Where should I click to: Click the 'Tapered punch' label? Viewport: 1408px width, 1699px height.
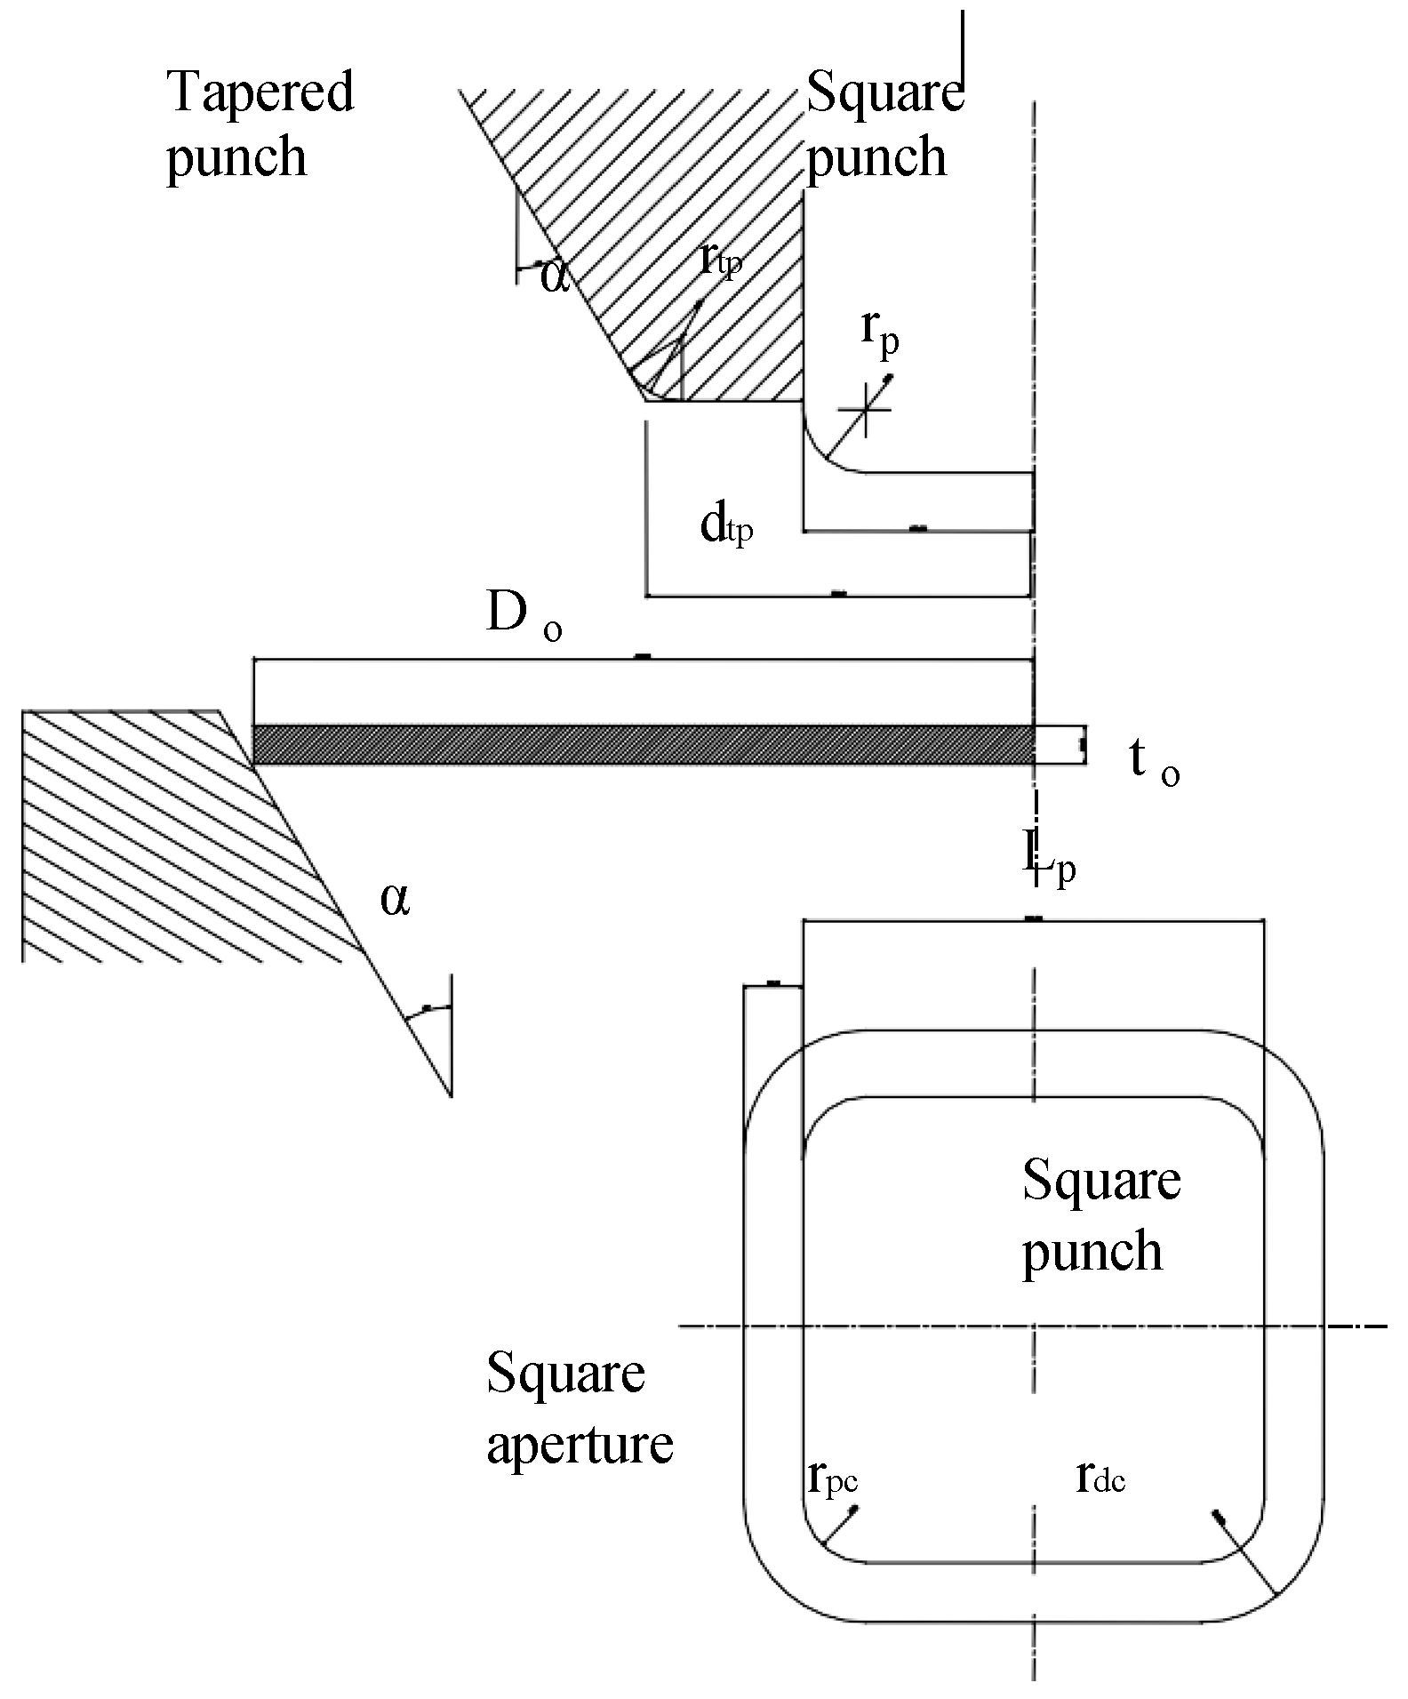(260, 124)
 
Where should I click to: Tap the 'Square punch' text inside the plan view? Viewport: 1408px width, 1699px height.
(1100, 1215)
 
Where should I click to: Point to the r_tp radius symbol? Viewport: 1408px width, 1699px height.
(719, 260)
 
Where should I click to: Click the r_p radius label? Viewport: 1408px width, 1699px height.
(879, 334)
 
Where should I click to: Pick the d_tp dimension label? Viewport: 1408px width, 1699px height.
(726, 527)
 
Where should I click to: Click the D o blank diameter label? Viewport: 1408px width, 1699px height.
(523, 616)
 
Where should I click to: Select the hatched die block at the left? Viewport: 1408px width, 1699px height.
(151, 827)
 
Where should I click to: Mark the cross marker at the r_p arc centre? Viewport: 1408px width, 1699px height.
(864, 409)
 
